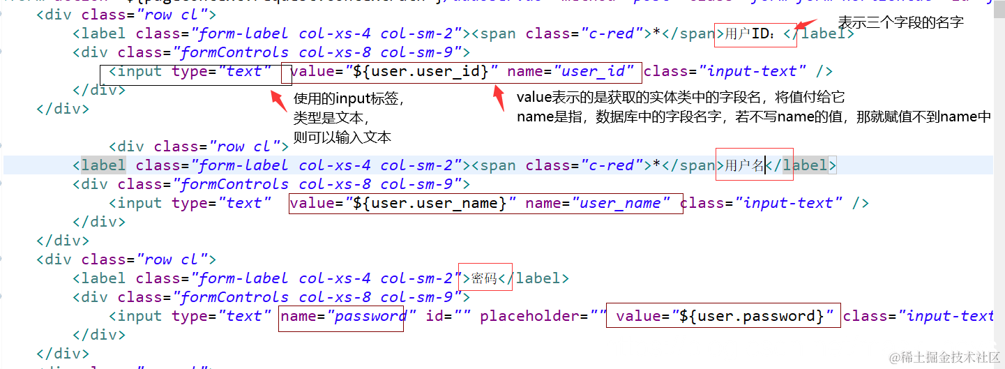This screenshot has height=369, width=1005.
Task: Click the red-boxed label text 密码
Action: (484, 278)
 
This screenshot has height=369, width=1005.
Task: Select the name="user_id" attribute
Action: (570, 71)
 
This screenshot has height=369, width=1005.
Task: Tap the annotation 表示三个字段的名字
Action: (900, 22)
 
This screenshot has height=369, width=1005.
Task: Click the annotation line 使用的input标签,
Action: (349, 99)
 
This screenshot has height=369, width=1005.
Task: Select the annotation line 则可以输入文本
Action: (342, 137)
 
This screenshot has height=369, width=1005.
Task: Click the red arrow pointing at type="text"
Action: (279, 100)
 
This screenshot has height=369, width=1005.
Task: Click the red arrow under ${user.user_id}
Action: (499, 98)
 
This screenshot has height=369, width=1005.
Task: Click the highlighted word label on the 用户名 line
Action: (103, 165)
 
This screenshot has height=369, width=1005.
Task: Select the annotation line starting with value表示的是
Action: (680, 98)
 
